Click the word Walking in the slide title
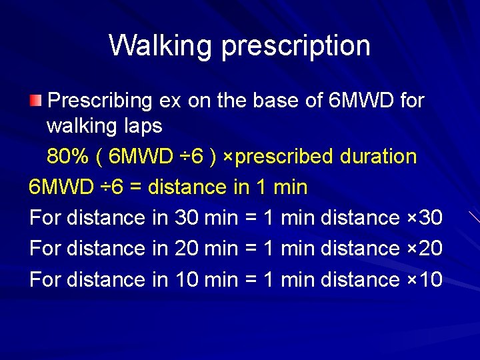point(162,45)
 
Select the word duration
point(378,157)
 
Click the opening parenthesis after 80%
point(99,157)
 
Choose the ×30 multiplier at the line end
point(424,217)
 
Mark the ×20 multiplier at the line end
point(424,248)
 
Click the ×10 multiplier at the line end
point(424,279)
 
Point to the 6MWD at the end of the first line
point(363,101)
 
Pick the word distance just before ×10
point(360,279)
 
